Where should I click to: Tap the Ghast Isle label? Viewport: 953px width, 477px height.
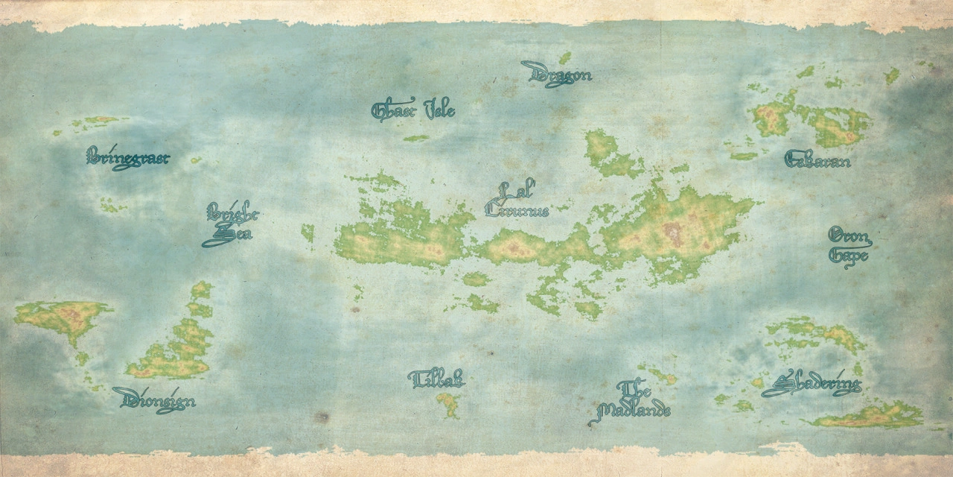(x=413, y=110)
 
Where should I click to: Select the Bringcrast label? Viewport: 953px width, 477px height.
(x=127, y=158)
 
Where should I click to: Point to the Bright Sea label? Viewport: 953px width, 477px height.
(x=230, y=224)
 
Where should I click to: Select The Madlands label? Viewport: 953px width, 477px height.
(x=633, y=401)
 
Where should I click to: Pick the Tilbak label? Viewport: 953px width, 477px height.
(x=436, y=379)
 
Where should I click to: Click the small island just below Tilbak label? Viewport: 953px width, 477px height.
(x=448, y=405)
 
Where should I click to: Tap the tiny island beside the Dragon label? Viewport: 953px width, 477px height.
(x=565, y=57)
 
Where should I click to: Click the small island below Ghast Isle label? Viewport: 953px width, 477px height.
(x=416, y=138)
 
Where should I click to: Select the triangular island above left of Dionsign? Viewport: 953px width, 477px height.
(x=63, y=318)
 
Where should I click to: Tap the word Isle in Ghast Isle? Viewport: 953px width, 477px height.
(x=439, y=110)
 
